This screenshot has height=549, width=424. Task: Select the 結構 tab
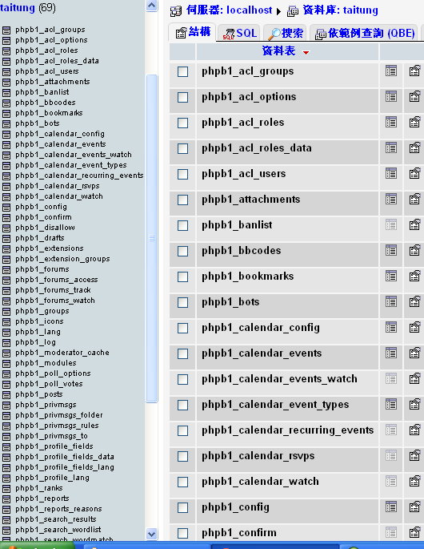(193, 32)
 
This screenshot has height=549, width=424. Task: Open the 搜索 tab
(286, 33)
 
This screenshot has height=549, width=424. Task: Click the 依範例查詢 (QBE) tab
(364, 33)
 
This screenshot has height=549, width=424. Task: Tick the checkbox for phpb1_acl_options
(183, 97)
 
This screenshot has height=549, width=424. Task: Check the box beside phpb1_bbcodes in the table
(183, 251)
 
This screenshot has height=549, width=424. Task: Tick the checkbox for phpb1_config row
(183, 507)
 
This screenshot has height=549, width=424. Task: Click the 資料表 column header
(278, 51)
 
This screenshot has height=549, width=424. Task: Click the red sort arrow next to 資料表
(306, 53)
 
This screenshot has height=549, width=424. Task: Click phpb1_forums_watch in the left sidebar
(55, 301)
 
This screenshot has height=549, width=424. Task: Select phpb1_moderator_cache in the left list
(62, 353)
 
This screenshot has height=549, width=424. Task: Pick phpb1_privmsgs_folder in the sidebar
(59, 415)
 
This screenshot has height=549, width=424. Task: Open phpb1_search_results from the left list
(55, 519)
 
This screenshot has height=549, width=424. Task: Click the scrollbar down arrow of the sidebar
(152, 534)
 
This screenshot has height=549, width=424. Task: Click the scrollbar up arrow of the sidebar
(152, 6)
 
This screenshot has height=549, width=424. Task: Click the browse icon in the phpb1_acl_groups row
(391, 71)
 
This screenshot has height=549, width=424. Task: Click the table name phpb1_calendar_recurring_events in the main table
(288, 430)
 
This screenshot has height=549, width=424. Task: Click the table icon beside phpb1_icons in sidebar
(6, 321)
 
